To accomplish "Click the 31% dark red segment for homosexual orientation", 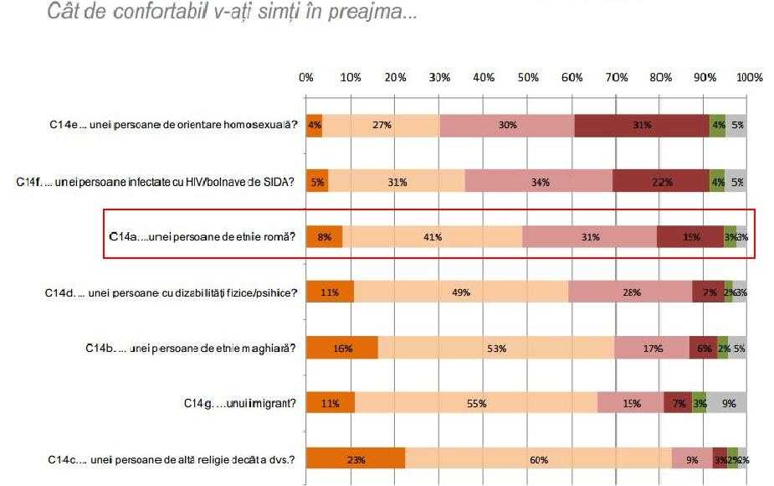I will click(642, 125).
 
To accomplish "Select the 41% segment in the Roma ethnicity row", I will click(433, 237).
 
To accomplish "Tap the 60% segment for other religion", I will click(538, 460).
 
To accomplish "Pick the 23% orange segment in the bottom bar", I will click(356, 460).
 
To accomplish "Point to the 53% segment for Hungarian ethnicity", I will click(496, 349).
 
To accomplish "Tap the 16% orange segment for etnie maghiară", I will click(341, 349).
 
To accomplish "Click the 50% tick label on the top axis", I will click(528, 78).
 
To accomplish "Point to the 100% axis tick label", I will click(749, 78).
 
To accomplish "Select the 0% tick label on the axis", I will click(306, 78).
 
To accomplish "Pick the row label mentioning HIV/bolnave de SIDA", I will click(156, 181).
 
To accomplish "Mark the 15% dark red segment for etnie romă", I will click(690, 237).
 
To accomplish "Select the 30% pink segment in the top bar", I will click(507, 125).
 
